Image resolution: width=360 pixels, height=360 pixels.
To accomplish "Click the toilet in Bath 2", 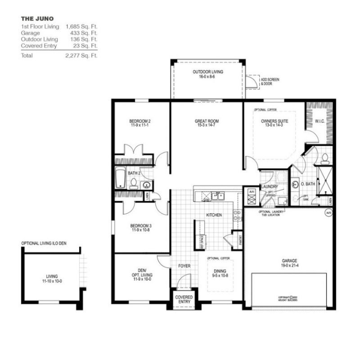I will (134, 183).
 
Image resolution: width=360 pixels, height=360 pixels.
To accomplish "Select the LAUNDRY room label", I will (269, 187).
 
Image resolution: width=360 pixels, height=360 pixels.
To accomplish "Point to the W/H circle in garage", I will (328, 213).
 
